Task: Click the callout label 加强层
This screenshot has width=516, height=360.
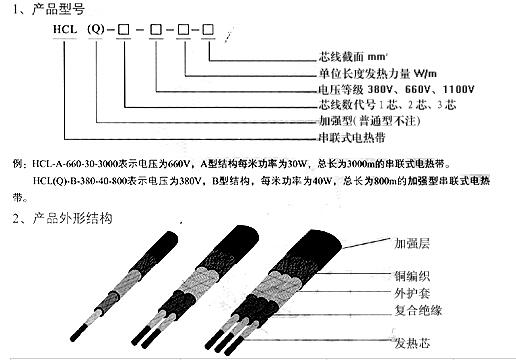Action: (x=414, y=242)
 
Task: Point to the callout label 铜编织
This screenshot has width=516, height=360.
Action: (x=414, y=274)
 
